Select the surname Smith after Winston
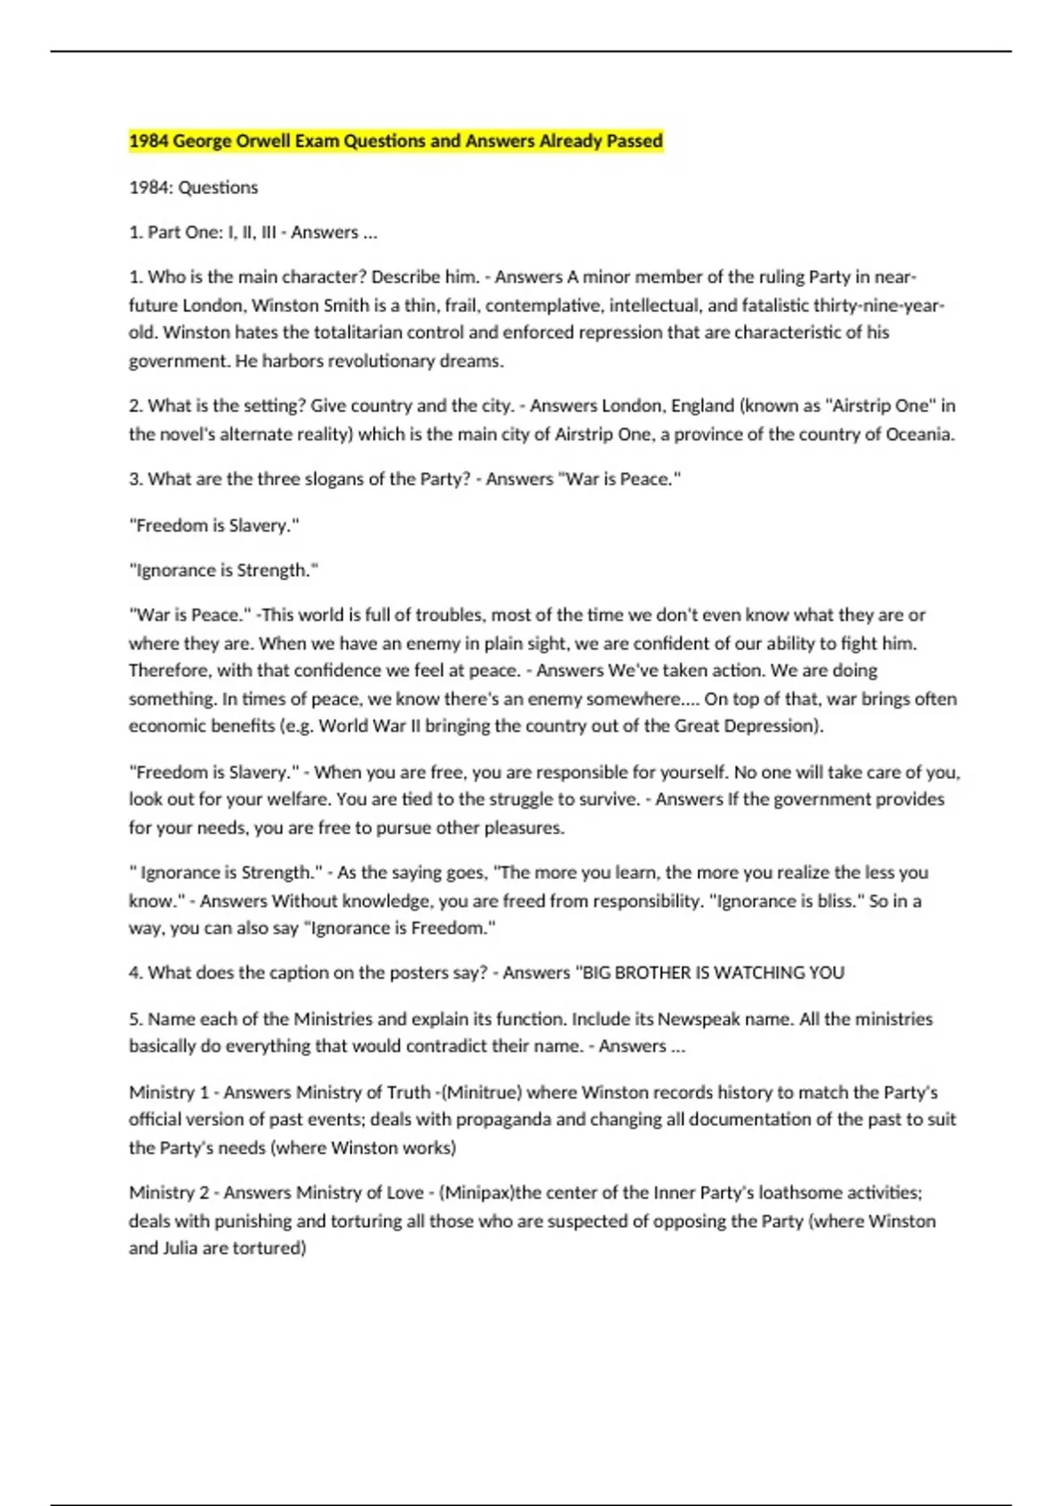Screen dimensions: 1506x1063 coord(347,306)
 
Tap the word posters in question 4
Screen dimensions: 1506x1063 coord(418,973)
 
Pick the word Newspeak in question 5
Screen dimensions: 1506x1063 coord(699,1019)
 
